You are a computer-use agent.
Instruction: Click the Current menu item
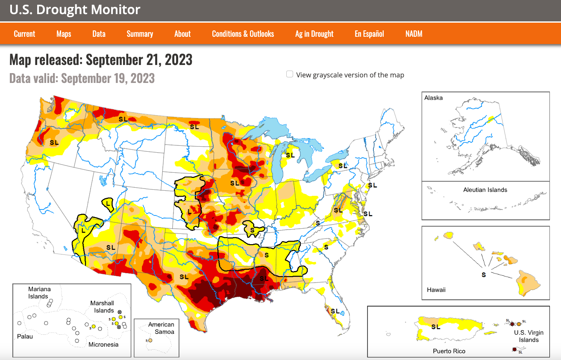pos(24,34)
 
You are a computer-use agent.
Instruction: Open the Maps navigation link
pos(64,34)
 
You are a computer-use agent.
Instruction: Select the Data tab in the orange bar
pos(99,34)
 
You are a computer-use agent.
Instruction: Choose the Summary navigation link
pos(140,34)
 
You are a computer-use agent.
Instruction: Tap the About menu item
pos(182,34)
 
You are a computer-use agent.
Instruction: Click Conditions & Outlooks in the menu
pos(243,34)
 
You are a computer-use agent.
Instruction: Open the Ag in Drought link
pos(314,34)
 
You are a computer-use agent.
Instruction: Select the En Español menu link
pos(369,34)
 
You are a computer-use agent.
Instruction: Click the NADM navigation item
pos(414,34)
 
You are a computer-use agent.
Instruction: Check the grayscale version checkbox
pos(290,74)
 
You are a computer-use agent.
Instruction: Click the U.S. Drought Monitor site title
pos(75,10)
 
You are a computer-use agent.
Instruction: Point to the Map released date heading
pos(101,59)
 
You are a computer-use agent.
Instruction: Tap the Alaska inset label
pos(433,98)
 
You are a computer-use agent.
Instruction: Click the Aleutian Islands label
pos(485,190)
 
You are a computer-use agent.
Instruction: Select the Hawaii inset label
pos(436,290)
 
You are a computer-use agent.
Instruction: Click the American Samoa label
pos(161,328)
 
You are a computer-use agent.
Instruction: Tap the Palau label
pos(24,336)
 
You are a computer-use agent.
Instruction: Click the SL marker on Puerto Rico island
pos(435,327)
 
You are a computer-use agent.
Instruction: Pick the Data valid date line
pos(82,78)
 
